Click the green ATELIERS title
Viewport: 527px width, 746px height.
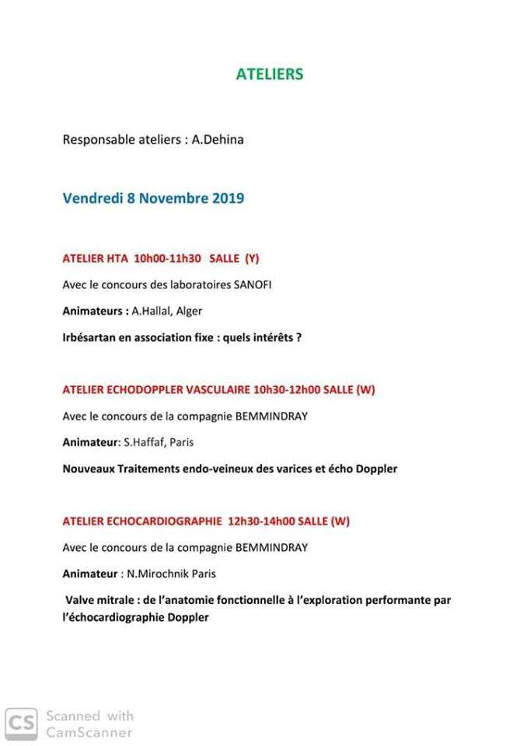269,75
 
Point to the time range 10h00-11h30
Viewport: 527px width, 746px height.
167,257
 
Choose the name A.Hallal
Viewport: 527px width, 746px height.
152,311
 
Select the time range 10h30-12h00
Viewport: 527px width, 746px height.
286,390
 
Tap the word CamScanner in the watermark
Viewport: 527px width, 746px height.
89,733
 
